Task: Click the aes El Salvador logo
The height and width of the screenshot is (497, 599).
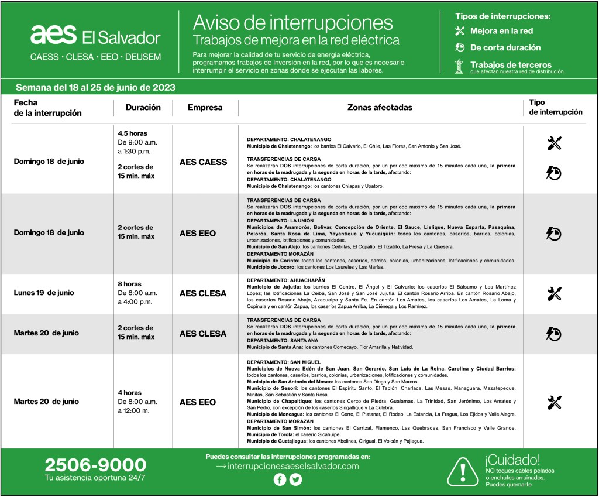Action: tap(95, 36)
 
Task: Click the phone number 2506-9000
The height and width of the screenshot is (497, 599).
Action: tap(95, 465)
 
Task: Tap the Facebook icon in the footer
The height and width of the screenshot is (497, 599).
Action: tap(280, 480)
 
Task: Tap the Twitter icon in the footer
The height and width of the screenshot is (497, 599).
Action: tap(296, 480)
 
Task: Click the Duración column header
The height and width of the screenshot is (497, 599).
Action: tap(143, 108)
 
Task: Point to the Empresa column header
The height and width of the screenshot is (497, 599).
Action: tap(205, 108)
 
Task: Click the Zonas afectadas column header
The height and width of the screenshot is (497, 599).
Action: tap(380, 108)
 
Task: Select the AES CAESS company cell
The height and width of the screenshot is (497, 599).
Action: tap(203, 162)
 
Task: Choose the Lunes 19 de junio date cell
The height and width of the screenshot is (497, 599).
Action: tap(44, 293)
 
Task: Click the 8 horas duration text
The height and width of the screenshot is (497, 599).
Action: tap(129, 284)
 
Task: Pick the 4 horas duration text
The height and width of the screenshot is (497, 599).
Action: tap(129, 393)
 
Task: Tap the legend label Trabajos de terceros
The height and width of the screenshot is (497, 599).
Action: tap(511, 65)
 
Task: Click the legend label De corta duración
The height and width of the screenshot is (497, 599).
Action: tap(505, 48)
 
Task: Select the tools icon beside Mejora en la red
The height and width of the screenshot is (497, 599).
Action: tap(460, 31)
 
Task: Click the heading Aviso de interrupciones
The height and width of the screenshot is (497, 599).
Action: tap(292, 22)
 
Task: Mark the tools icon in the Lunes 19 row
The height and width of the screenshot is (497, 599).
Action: tap(553, 293)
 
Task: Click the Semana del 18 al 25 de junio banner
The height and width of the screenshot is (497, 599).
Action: tap(95, 87)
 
